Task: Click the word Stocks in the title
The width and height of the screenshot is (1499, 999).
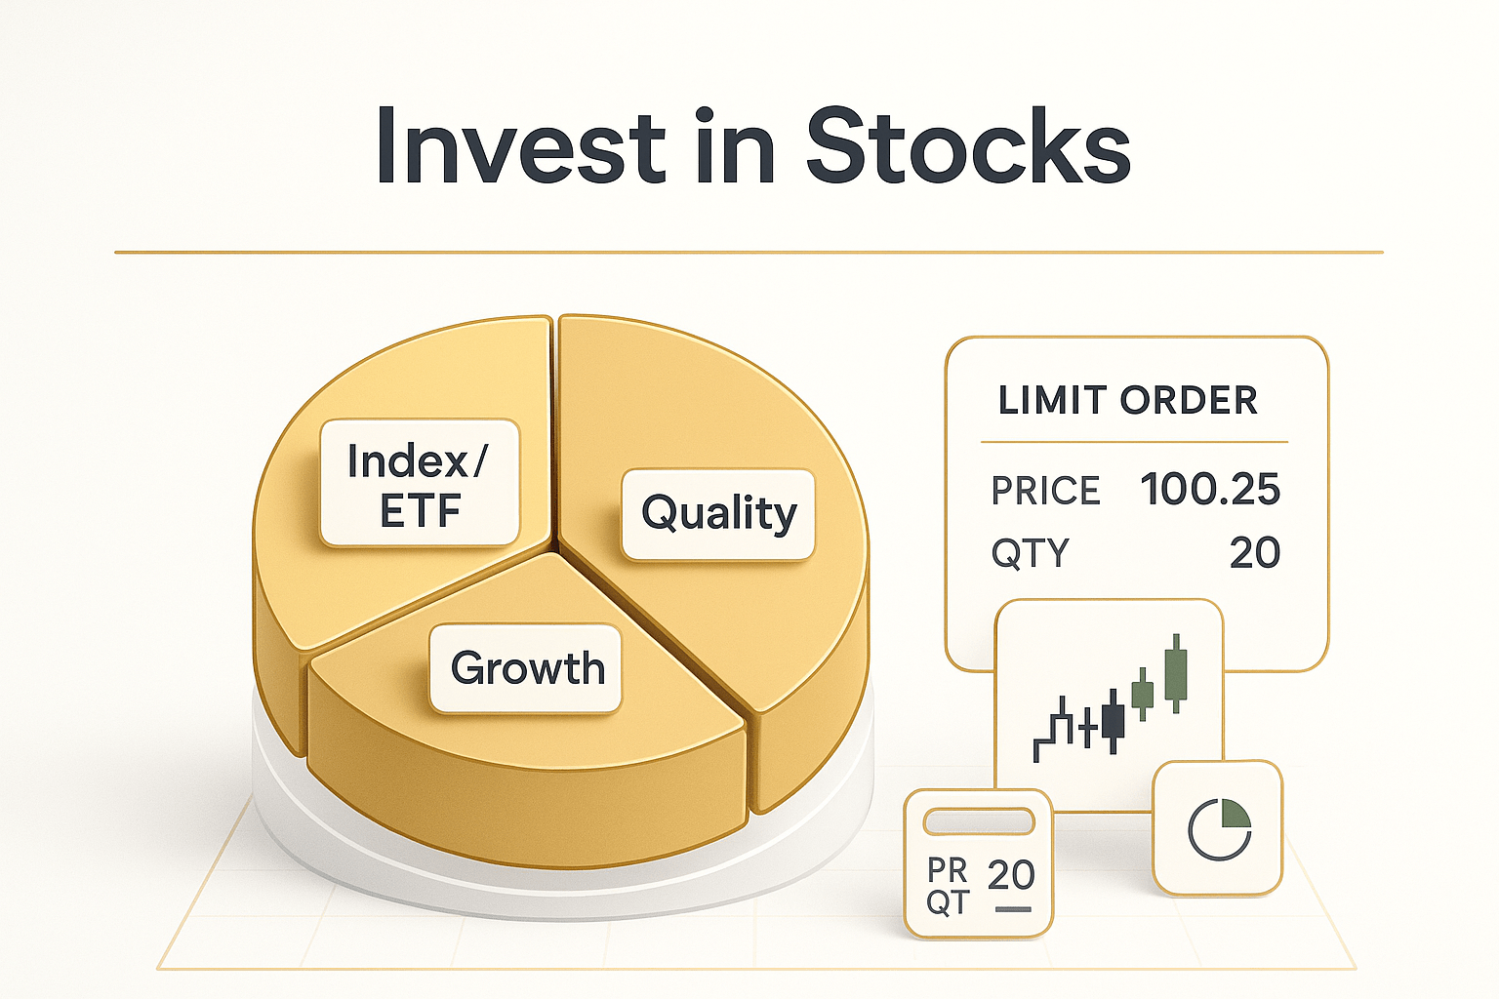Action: coord(967,146)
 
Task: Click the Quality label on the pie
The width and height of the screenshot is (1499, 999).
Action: coord(718,513)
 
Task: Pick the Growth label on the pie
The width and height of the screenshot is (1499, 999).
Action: coord(527,668)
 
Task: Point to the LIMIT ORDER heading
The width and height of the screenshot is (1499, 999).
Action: coord(1127,400)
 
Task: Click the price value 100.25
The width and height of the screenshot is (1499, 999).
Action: coord(1209,489)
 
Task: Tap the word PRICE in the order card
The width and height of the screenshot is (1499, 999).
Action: coord(1045,491)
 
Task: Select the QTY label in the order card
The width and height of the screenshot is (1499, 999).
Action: coord(1030,553)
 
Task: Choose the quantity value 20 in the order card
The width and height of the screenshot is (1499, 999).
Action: coord(1254,553)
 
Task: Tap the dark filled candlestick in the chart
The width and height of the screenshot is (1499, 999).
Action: coord(1113,721)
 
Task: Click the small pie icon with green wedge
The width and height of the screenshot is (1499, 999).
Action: coord(1219,829)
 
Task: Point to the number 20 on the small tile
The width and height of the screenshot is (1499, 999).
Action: coord(1010,875)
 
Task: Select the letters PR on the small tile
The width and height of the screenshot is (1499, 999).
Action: coord(947,869)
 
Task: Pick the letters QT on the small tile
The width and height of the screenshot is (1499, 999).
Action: coord(947,902)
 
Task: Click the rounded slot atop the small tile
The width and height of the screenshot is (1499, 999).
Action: coord(979,821)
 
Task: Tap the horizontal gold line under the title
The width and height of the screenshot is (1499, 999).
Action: coord(749,253)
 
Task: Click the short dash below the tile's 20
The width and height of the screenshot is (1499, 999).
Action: coord(1012,909)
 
